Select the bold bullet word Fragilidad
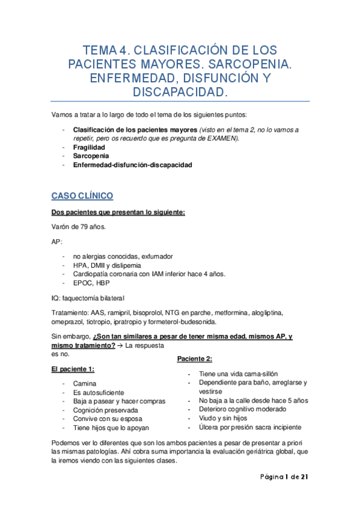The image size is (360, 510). click(x=89, y=147)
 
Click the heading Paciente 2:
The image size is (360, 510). click(x=194, y=359)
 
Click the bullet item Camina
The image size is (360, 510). click(x=84, y=384)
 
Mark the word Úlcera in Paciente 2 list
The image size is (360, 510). click(x=209, y=427)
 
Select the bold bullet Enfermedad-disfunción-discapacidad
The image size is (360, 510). click(x=132, y=165)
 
